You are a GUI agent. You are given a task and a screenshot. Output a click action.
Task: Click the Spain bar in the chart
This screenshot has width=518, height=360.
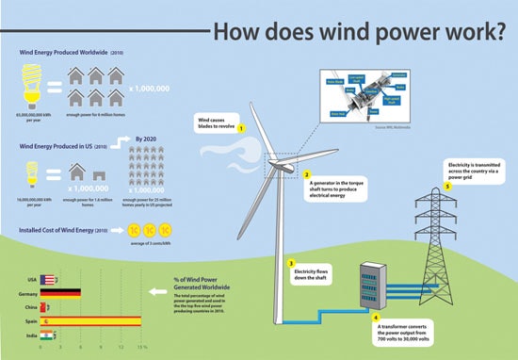pyautogui.click(x=89, y=321)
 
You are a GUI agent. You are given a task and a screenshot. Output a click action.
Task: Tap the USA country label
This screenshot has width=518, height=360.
pyautogui.click(x=31, y=280)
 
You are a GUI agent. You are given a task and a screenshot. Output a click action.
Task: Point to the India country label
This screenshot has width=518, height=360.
pyautogui.click(x=30, y=335)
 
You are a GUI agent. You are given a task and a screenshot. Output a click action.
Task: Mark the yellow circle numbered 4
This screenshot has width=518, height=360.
pyautogui.click(x=375, y=318)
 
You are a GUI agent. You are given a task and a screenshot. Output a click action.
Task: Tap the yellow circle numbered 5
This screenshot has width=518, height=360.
pyautogui.click(x=448, y=185)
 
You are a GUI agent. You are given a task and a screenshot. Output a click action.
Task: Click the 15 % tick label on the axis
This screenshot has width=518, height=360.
pyautogui.click(x=142, y=348)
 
